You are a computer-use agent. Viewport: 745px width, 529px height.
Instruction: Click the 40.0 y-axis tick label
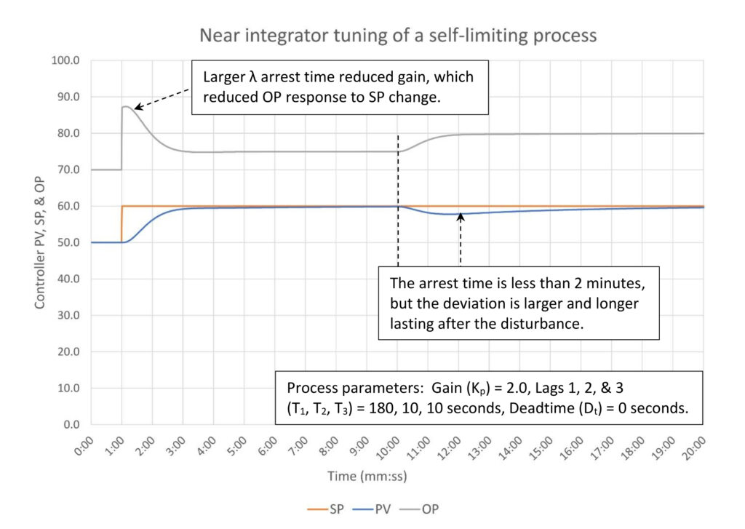coord(71,279)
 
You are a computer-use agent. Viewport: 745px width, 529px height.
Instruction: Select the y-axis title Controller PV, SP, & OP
coord(39,242)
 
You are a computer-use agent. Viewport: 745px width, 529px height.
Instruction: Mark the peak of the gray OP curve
coord(126,107)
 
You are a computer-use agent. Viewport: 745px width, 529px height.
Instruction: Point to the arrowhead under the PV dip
coord(460,217)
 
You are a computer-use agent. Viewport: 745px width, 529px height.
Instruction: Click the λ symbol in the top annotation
coord(247,77)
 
